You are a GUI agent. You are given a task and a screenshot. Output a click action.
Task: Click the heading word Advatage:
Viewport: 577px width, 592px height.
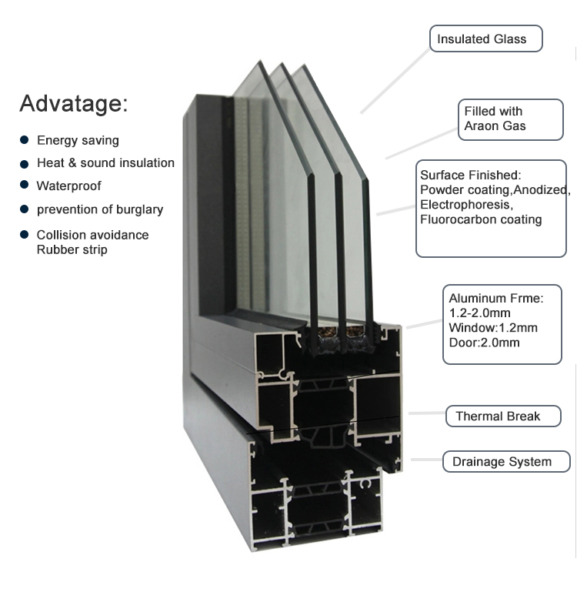click(74, 103)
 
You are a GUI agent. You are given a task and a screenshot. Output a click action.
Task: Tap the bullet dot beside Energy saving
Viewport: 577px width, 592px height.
click(24, 140)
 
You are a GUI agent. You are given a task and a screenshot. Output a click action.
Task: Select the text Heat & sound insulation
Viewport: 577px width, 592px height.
click(105, 162)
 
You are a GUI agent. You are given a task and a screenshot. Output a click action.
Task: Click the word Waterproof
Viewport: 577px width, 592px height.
click(68, 186)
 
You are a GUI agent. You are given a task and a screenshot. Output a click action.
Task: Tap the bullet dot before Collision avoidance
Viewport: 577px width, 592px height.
click(24, 235)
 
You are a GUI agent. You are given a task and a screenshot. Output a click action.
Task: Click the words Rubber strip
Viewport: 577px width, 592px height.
click(72, 249)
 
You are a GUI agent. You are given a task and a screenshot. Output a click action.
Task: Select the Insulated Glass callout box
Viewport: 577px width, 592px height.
click(486, 38)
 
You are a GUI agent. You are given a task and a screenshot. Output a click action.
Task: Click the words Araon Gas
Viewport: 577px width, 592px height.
click(495, 125)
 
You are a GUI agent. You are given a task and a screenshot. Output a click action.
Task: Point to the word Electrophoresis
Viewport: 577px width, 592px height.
click(466, 205)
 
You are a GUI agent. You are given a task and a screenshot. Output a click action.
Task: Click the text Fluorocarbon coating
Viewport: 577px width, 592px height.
click(481, 219)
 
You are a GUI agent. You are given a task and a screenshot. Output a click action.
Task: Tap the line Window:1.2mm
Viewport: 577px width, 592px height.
click(493, 328)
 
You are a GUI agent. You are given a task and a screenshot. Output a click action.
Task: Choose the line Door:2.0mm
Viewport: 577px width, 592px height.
click(484, 343)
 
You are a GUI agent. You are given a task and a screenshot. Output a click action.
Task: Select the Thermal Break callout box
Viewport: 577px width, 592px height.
click(503, 416)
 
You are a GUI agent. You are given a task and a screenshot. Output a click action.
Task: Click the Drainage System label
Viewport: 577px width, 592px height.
click(502, 462)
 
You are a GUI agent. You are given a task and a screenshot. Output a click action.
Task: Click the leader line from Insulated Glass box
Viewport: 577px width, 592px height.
click(395, 81)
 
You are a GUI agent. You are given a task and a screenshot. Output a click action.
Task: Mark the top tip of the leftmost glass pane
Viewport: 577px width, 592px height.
click(259, 60)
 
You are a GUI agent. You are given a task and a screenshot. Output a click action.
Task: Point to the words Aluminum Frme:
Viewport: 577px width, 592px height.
click(496, 298)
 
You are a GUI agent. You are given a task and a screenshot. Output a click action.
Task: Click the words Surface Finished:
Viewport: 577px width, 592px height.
click(471, 176)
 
